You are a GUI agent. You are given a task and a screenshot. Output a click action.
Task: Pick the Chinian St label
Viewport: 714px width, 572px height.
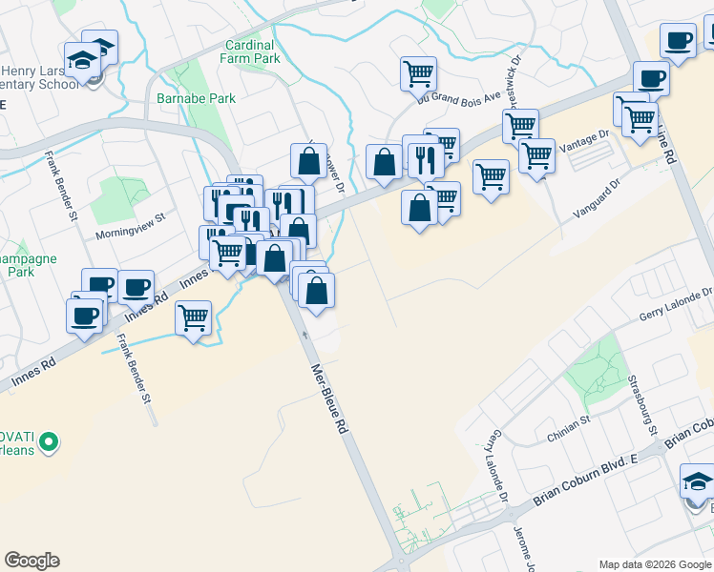570,431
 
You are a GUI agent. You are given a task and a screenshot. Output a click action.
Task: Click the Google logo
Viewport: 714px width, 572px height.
31,561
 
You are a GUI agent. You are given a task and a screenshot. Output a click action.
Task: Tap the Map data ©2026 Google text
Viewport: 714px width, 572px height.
654,564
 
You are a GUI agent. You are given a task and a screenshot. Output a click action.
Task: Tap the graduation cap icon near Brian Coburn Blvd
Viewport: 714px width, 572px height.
697,480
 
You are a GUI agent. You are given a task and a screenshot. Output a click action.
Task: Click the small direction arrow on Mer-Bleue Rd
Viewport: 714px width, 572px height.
304,335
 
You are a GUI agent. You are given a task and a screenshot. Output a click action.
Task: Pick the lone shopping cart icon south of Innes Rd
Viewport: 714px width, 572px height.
194,317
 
